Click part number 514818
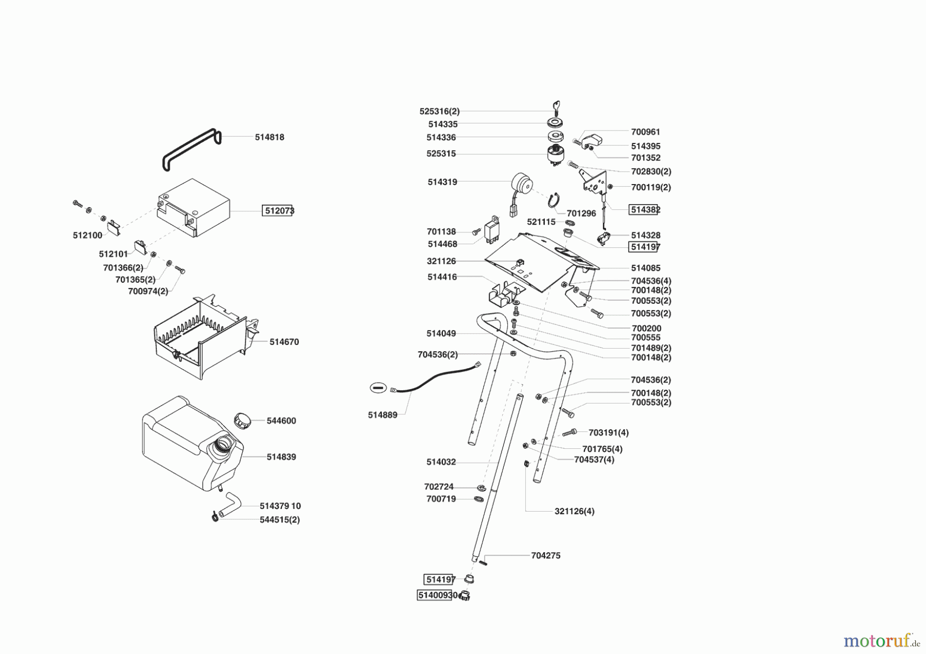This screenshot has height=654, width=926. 270,137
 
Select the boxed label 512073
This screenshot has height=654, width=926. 278,210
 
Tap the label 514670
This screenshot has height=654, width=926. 284,342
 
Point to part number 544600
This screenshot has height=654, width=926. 281,421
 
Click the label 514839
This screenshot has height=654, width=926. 281,457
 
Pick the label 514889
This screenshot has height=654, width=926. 382,415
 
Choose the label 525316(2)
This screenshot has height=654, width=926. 439,111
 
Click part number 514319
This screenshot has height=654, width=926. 442,182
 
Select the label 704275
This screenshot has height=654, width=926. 545,555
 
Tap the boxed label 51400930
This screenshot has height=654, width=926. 437,595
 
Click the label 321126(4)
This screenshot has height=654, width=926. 574,511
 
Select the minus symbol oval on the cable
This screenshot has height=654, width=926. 378,388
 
